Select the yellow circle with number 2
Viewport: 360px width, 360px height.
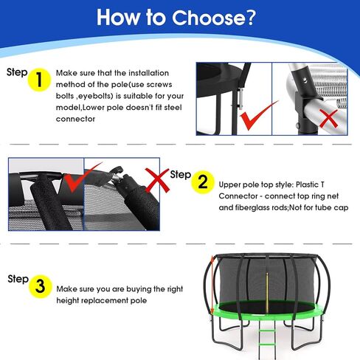click(201, 183)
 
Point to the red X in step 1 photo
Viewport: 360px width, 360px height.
click(328, 118)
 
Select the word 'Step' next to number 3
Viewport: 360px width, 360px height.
click(18, 279)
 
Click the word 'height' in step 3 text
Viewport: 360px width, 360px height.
click(73, 300)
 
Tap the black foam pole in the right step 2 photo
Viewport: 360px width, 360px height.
click(120, 203)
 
